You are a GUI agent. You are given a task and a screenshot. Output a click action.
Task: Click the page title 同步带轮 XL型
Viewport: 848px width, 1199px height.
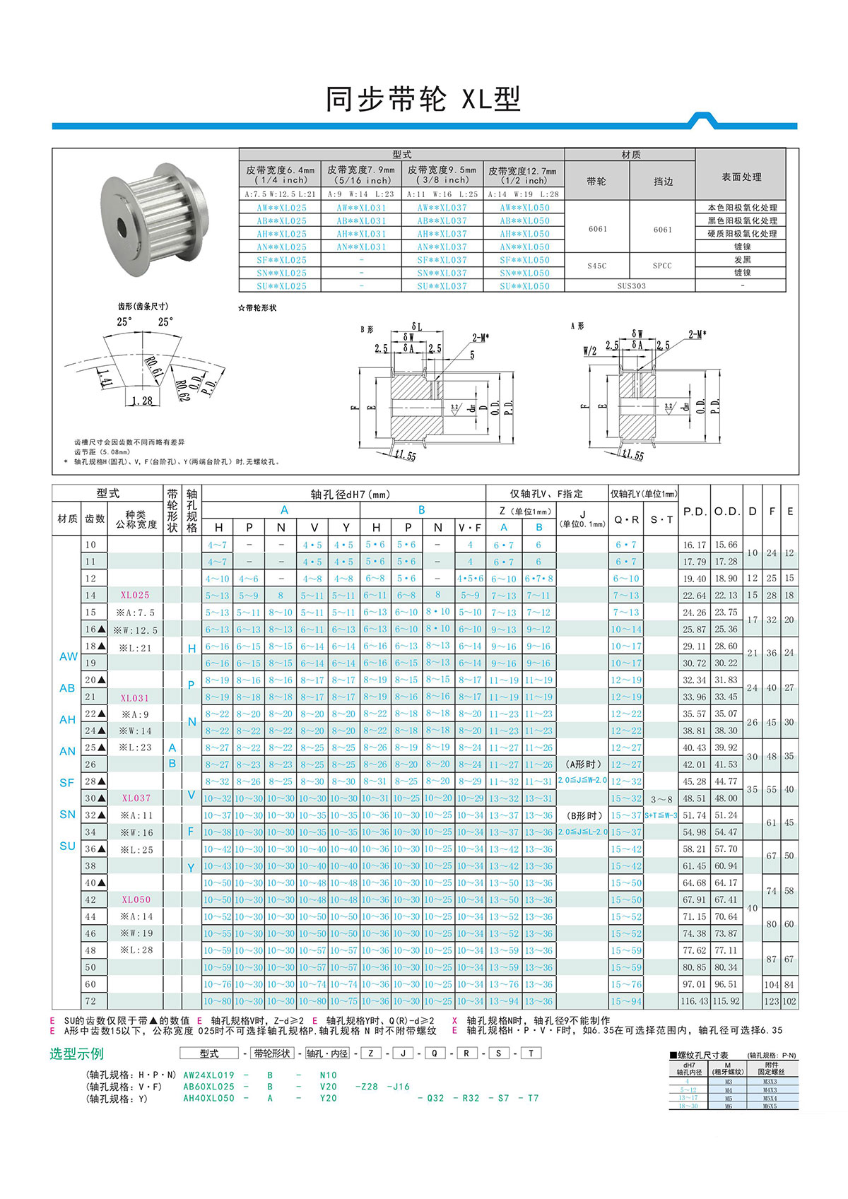coord(423,100)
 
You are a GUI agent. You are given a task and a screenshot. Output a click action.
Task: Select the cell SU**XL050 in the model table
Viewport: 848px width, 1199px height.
coord(524,286)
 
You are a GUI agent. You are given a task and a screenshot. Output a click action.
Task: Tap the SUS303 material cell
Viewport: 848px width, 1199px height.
coord(630,286)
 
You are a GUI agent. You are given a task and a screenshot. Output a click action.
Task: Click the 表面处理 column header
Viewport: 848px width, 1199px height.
coord(741,177)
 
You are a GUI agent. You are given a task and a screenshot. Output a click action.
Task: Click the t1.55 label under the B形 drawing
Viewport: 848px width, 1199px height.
coord(405,456)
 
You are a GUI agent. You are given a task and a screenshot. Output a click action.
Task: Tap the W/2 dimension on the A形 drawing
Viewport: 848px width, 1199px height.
coord(589,350)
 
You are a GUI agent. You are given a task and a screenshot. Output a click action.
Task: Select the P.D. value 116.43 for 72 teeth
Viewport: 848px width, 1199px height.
coord(694,1001)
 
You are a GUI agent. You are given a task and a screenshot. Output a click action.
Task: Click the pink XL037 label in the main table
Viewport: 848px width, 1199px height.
coord(136,798)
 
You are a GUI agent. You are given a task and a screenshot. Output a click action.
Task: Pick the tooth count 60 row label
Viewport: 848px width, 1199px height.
coord(90,984)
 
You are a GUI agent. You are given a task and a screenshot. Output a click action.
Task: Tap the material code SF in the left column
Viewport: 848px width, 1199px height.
coord(67,783)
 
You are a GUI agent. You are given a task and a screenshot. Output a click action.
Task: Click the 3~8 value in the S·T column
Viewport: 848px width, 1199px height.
coord(661,799)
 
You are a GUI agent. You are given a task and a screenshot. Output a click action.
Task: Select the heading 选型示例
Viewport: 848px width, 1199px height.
coord(76,1053)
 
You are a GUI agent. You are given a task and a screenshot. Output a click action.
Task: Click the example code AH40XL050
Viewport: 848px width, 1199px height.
coord(208,1098)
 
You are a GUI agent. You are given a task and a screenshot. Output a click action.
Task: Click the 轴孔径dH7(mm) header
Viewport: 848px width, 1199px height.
coord(350,495)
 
